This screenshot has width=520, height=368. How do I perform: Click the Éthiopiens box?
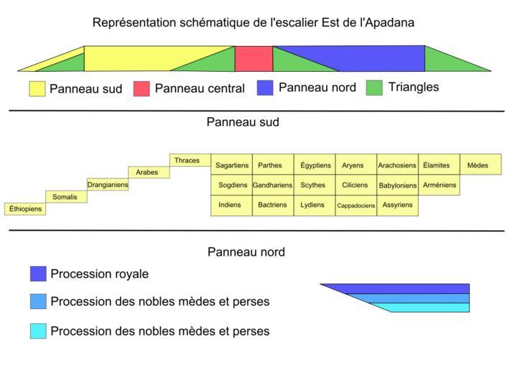pyautogui.click(x=25, y=209)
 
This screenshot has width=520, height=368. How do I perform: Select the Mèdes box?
pyautogui.click(x=480, y=165)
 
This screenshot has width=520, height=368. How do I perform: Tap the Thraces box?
pyautogui.click(x=190, y=160)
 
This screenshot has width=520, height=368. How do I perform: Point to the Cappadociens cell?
pyautogui.click(x=356, y=206)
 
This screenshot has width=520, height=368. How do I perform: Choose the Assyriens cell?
pyautogui.click(x=397, y=206)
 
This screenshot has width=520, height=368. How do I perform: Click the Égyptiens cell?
pyautogui.click(x=315, y=165)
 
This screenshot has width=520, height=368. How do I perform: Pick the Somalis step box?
pyautogui.click(x=66, y=197)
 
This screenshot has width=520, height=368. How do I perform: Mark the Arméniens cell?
pyautogui.click(x=439, y=185)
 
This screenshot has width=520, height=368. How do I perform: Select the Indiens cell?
pyautogui.click(x=231, y=206)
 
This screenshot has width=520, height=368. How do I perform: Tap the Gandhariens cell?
pyautogui.click(x=273, y=185)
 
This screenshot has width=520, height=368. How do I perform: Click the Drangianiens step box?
pyautogui.click(x=108, y=185)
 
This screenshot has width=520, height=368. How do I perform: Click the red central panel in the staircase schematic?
pyautogui.click(x=254, y=59)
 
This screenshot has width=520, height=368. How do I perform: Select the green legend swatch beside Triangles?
pyautogui.click(x=374, y=88)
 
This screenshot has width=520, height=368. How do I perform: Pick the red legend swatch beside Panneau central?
pyautogui.click(x=141, y=88)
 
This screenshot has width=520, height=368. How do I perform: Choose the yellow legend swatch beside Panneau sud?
pyautogui.click(x=37, y=88)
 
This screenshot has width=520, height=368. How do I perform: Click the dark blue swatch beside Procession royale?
pyautogui.click(x=38, y=274)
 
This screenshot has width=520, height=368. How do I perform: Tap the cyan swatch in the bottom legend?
pyautogui.click(x=38, y=331)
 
